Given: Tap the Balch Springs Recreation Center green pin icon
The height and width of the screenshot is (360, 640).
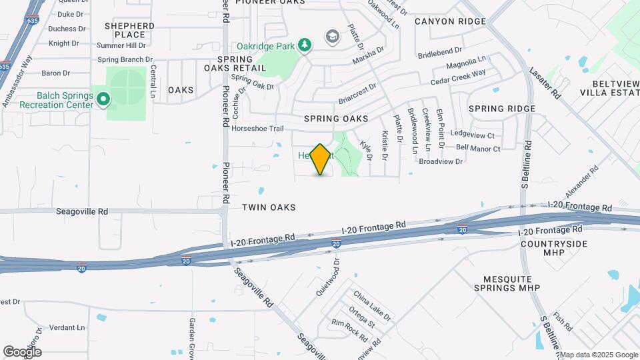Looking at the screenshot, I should tap(103, 100).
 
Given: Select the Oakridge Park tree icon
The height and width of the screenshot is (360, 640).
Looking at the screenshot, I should tap(305, 45).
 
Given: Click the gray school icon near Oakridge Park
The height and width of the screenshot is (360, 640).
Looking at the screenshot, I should tap(331, 36).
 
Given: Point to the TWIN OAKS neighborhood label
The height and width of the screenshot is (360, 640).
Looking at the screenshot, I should tap(269, 207).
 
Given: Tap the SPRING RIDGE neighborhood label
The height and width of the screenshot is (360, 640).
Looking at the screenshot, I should tap(501, 109).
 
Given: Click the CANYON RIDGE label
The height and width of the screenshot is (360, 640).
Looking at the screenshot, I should tap(450, 21).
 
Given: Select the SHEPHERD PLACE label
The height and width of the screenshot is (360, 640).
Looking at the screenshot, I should tap(130, 30).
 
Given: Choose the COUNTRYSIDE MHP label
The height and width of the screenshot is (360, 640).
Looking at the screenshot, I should tap(554, 248).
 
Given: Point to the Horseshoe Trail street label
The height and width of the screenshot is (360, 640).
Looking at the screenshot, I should tap(258, 129).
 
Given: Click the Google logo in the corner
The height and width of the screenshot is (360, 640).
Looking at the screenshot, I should tap(22, 351).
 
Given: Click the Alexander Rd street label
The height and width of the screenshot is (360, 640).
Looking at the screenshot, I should tap(577, 182).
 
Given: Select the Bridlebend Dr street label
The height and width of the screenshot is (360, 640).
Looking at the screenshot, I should tap(440, 51).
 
